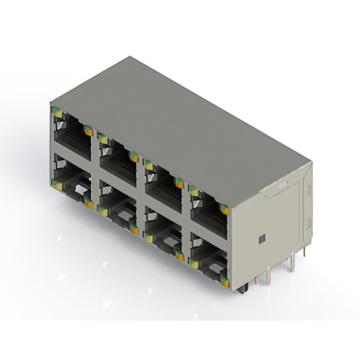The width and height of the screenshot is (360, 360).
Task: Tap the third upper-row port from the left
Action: [163, 179]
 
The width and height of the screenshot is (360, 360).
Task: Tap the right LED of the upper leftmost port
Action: [88, 130]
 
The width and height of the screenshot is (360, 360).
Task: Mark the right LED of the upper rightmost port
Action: [224, 210]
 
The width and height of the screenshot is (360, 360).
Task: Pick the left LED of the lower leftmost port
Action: [57, 181]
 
